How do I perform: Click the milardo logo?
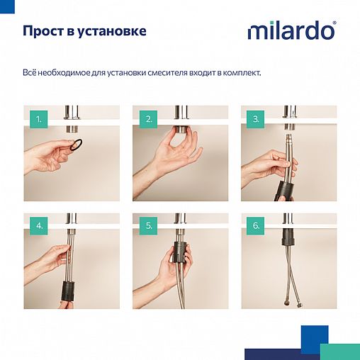291,32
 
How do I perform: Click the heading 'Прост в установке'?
84,32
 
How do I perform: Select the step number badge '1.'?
40,120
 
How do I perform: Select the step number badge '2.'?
149,120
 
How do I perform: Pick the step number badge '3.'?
257,120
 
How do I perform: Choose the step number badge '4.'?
40,227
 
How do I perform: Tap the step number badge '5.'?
149,227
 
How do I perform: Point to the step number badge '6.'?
257,227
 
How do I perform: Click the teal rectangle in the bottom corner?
340,351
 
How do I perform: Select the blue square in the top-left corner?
6,4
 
